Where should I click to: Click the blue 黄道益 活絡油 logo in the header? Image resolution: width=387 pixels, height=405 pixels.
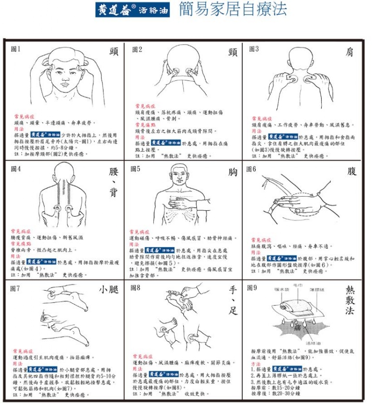[128, 10]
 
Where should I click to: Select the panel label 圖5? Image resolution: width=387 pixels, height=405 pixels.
[135, 169]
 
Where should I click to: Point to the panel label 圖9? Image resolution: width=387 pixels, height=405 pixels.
[252, 288]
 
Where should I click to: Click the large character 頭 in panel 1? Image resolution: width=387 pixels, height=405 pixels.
[114, 52]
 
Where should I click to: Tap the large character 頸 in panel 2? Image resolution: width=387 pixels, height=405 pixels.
[232, 52]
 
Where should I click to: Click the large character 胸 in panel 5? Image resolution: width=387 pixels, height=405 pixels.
[233, 172]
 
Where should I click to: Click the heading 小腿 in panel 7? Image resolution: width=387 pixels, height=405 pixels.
[109, 290]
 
